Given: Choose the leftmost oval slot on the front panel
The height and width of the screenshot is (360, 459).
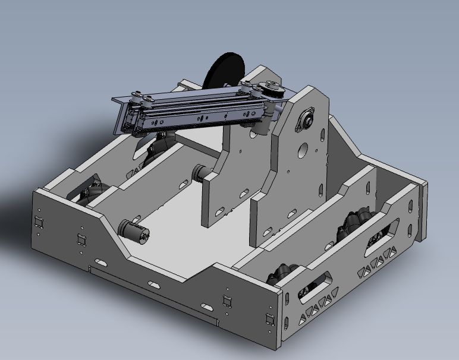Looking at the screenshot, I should click(100, 261).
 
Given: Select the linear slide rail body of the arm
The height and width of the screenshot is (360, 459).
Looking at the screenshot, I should click(196, 112).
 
